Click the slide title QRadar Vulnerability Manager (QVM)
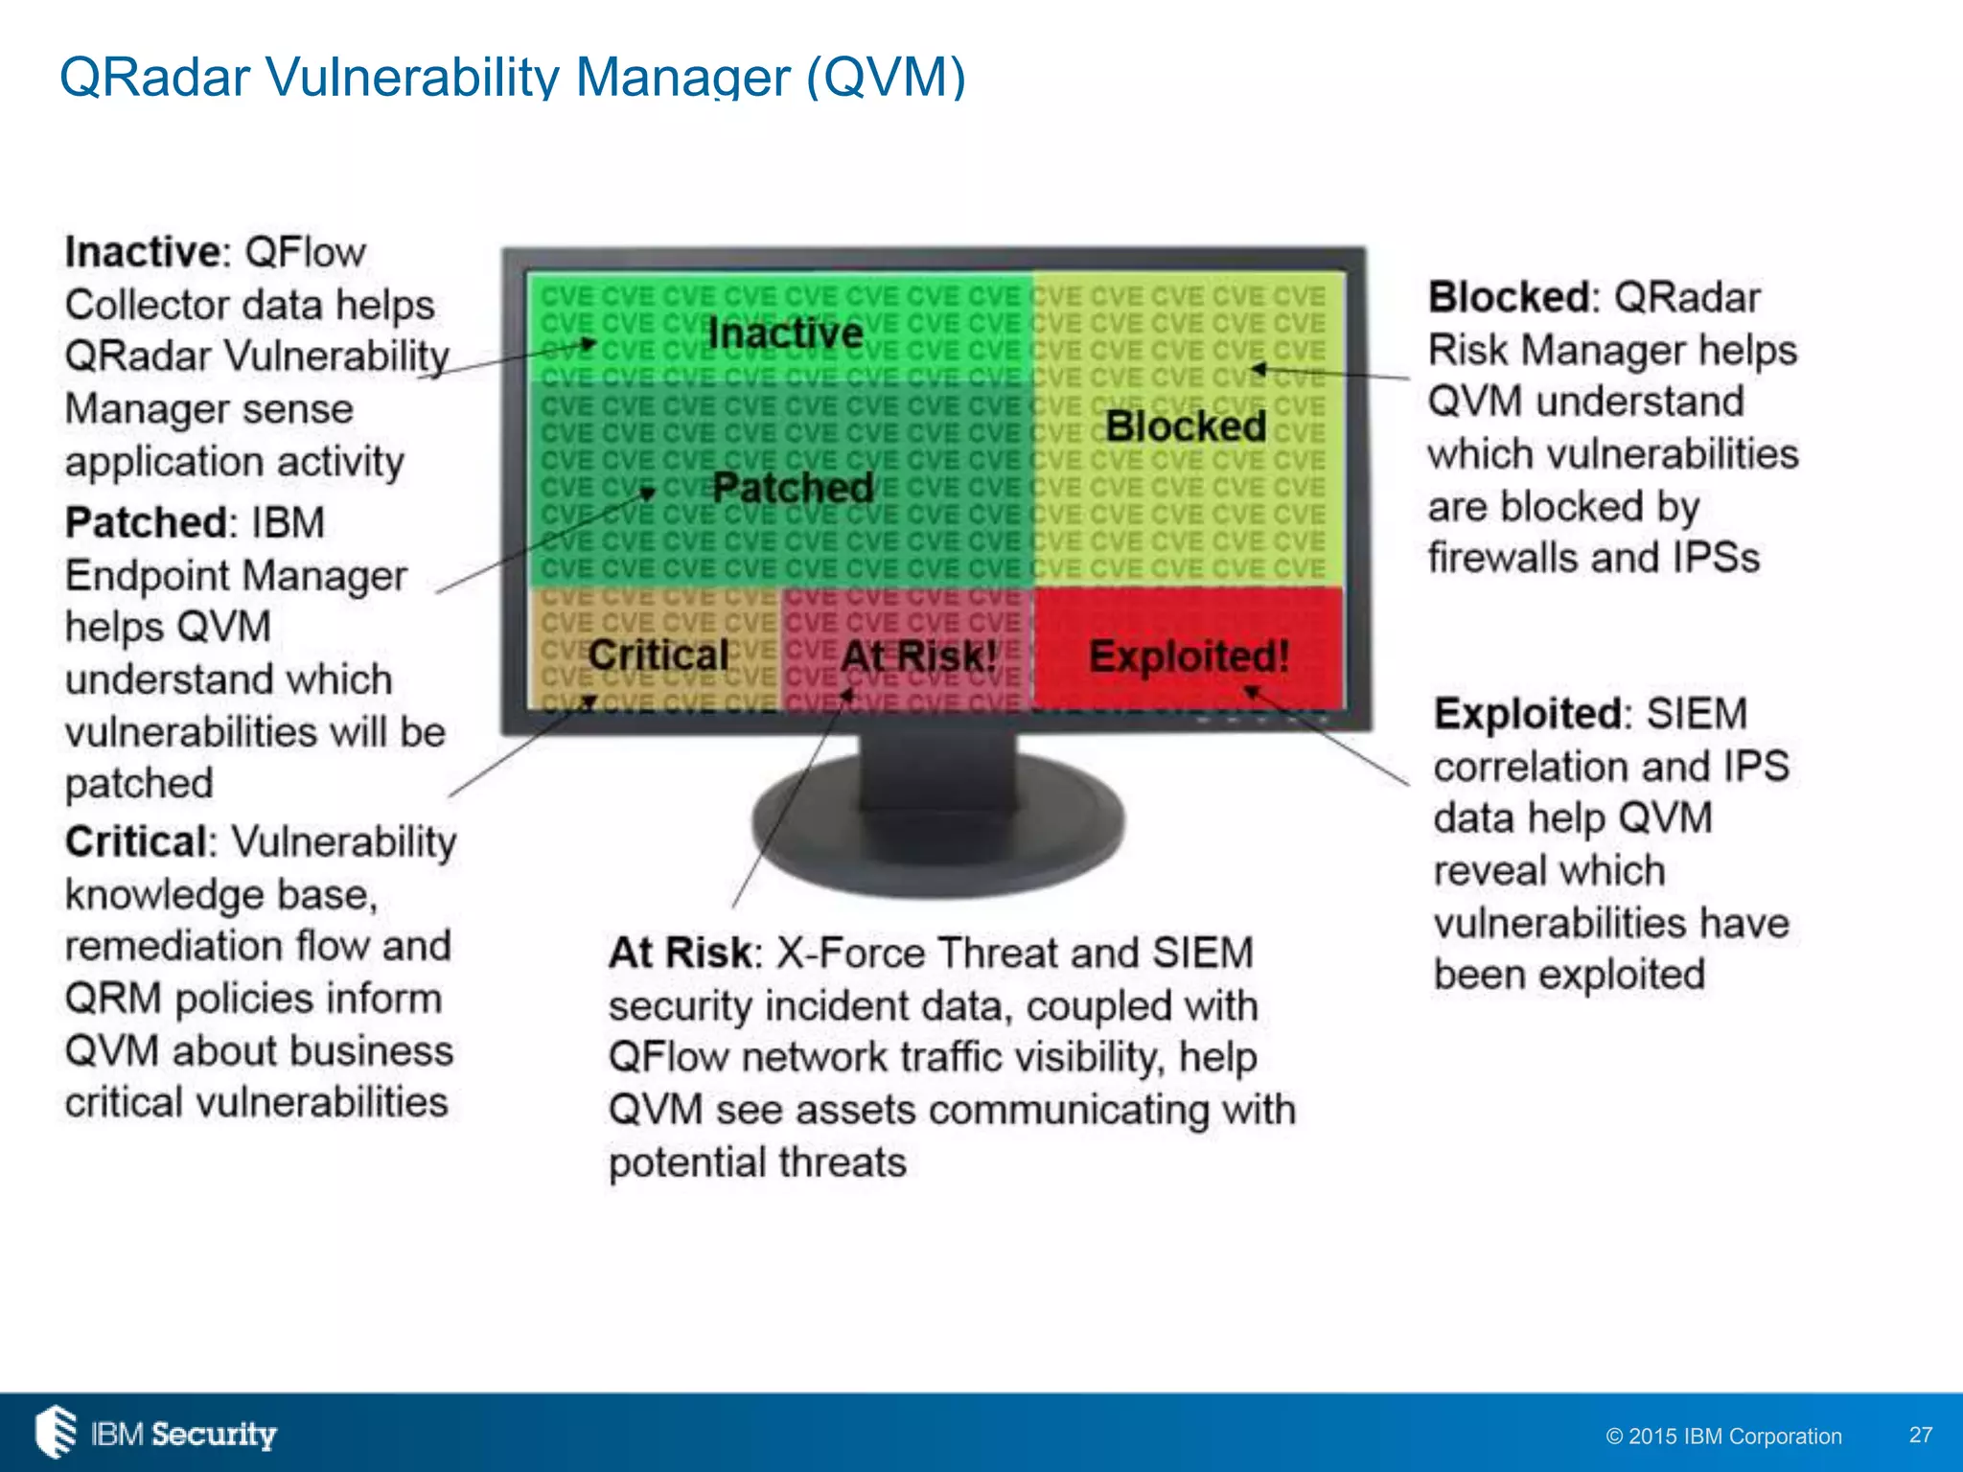tap(512, 77)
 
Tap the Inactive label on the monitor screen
tap(785, 333)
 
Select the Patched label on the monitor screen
tap(793, 488)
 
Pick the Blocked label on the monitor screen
tap(1186, 426)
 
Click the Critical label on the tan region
tap(658, 656)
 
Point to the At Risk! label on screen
tap(918, 657)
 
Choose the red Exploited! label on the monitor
tap(1189, 657)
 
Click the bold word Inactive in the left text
tap(143, 253)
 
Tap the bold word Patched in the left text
tap(146, 523)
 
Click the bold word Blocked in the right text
tap(1510, 298)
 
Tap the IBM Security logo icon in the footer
tap(56, 1432)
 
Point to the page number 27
tap(1920, 1435)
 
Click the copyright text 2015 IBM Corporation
tap(1723, 1437)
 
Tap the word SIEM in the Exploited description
tap(1697, 714)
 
